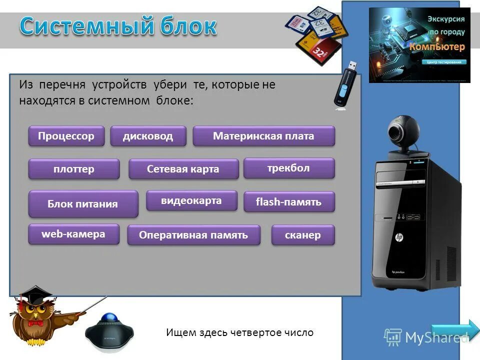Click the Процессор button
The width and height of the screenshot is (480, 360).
click(66, 136)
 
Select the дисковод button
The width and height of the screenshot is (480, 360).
click(148, 136)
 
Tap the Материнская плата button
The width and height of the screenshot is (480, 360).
click(263, 136)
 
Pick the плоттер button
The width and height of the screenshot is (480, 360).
click(74, 169)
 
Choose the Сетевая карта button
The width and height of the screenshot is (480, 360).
click(183, 169)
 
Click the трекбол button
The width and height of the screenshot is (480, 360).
click(288, 168)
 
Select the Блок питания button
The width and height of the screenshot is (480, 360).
click(83, 203)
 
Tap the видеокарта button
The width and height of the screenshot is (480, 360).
click(191, 200)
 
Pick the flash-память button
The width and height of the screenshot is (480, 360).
click(288, 202)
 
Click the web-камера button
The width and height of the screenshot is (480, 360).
click(73, 234)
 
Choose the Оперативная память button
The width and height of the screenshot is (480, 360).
click(193, 235)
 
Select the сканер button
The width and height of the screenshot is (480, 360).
click(302, 235)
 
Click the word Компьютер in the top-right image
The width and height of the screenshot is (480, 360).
click(437, 46)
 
